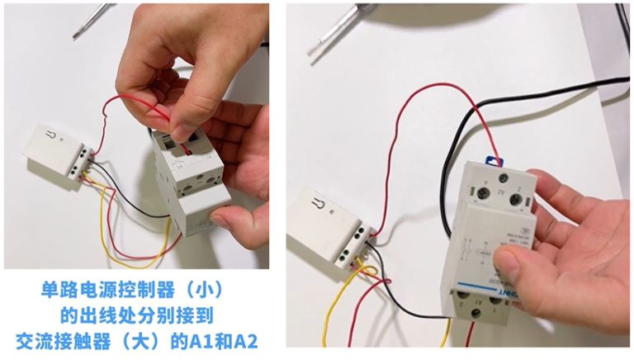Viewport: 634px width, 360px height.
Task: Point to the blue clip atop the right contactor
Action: [492, 155]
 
